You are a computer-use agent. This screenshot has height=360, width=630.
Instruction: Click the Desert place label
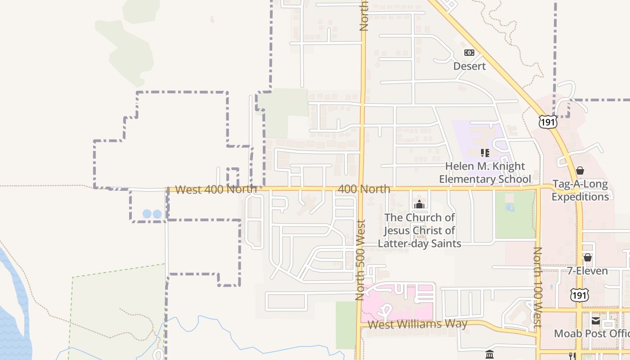point(469,66)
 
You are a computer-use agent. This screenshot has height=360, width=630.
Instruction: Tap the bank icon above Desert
point(469,53)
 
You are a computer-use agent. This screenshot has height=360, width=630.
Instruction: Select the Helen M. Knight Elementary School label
point(485,173)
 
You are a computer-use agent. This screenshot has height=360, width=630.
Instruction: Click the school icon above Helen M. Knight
point(485,153)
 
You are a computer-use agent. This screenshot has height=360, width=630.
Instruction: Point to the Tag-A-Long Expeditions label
point(580,190)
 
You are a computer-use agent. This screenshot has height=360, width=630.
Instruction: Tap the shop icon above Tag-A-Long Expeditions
point(580,171)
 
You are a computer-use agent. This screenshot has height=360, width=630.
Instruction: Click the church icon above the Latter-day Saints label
point(419,205)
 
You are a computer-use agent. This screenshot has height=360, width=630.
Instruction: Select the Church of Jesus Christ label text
point(419,230)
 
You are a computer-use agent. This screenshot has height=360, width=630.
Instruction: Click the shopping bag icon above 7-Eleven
point(587,257)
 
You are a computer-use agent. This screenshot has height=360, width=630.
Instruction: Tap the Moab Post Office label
point(591,333)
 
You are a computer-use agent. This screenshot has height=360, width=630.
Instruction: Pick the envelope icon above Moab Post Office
point(596,321)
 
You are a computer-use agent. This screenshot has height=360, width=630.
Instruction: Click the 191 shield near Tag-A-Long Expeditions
point(548,122)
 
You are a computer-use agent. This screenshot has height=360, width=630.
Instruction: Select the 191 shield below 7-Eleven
point(578,295)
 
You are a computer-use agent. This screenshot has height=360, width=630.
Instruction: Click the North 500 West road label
point(360,260)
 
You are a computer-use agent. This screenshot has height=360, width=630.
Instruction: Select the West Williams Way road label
point(418,324)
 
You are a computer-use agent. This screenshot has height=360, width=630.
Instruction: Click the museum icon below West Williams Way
point(490,355)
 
